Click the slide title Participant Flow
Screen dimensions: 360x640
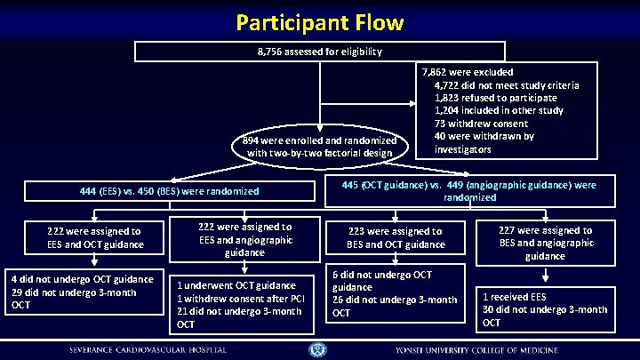(320, 21)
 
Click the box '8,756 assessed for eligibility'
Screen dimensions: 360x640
(320, 52)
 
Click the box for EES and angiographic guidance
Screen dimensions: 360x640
(244, 239)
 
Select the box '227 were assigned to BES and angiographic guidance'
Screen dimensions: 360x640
(545, 243)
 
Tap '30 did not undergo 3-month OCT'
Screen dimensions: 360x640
(544, 316)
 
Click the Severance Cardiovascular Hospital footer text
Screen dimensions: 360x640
(148, 349)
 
